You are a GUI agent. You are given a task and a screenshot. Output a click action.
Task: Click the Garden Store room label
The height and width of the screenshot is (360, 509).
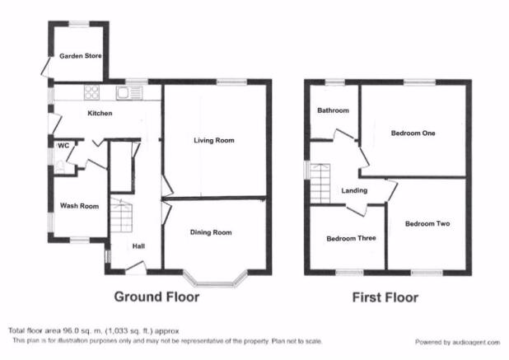pyautogui.click(x=80, y=56)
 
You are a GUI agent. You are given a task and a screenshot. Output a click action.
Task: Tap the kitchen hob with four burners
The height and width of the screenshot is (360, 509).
pyautogui.click(x=92, y=92)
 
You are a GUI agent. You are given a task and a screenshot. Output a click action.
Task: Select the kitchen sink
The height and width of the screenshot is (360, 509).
pyautogui.click(x=128, y=93)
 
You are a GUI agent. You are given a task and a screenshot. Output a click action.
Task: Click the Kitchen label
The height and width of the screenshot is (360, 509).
pyautogui.click(x=100, y=114)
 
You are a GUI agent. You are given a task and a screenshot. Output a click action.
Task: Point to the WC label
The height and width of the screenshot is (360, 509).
pyautogui.click(x=63, y=146)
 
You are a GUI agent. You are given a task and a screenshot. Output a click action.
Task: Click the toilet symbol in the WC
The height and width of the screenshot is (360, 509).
pyautogui.click(x=60, y=167)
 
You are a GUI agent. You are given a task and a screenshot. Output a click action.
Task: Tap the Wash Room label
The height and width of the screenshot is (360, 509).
pyautogui.click(x=79, y=206)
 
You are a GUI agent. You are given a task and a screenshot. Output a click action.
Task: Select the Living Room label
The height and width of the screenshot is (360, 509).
pyautogui.click(x=214, y=140)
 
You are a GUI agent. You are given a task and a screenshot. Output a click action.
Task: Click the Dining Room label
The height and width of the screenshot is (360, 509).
pyautogui.click(x=211, y=232)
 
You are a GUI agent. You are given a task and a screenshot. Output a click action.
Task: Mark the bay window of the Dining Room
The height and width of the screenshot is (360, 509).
pyautogui.click(x=214, y=281)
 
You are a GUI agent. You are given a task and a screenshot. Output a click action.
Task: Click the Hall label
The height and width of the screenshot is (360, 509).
pyautogui.click(x=138, y=246)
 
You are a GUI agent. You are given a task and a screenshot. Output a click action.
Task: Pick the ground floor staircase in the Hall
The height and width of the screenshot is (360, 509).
pyautogui.click(x=121, y=215)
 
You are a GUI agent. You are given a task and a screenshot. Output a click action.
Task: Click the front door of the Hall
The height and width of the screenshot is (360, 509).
pyautogui.click(x=136, y=268)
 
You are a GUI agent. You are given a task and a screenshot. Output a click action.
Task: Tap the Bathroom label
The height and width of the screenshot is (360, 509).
pyautogui.click(x=333, y=110)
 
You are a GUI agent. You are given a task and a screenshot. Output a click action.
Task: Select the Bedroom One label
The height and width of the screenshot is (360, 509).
pyautogui.click(x=413, y=133)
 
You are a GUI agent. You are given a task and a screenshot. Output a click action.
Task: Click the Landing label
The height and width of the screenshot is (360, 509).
pyautogui.click(x=354, y=190)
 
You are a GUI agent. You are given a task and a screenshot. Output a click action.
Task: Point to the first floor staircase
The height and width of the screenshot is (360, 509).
pyautogui.click(x=320, y=184)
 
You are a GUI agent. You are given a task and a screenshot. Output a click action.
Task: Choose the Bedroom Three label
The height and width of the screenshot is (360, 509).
pyautogui.click(x=351, y=239)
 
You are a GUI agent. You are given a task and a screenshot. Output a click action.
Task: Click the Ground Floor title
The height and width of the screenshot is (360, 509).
pyautogui.click(x=156, y=297)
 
